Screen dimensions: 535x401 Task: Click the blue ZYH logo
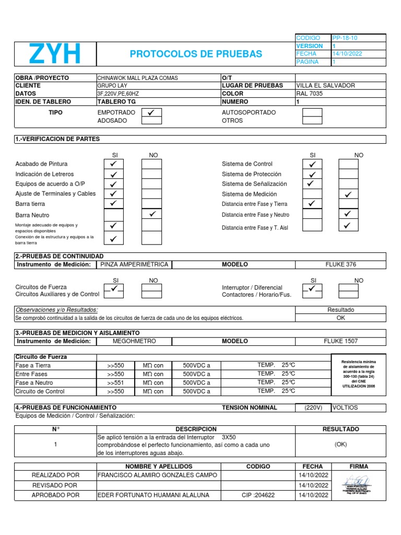pyautogui.click(x=55, y=54)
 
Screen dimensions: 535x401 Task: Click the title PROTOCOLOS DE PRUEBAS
pyautogui.click(x=196, y=54)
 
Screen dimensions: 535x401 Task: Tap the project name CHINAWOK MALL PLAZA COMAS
pyautogui.click(x=137, y=78)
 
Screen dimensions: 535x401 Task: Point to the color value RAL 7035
pyautogui.click(x=310, y=94)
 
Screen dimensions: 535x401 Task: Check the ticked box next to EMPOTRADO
pyautogui.click(x=151, y=112)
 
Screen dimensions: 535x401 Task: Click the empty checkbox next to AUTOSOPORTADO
pyautogui.click(x=312, y=112)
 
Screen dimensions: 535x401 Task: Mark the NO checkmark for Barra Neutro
pyautogui.click(x=151, y=215)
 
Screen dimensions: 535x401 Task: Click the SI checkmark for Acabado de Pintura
pyautogui.click(x=114, y=164)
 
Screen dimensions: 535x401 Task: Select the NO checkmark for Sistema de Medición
pyautogui.click(x=348, y=194)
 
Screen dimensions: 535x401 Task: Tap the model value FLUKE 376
pyautogui.click(x=340, y=264)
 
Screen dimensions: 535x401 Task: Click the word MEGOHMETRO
pyautogui.click(x=134, y=341)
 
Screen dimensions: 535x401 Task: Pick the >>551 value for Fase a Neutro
pyautogui.click(x=115, y=383)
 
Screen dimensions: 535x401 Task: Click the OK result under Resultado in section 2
pyautogui.click(x=340, y=318)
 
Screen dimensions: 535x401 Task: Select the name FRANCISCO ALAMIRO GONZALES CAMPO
pyautogui.click(x=157, y=475)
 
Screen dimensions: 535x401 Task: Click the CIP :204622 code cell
pyautogui.click(x=258, y=495)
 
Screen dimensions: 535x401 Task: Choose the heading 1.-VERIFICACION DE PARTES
pyautogui.click(x=57, y=139)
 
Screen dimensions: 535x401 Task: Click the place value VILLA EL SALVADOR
pyautogui.click(x=325, y=86)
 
